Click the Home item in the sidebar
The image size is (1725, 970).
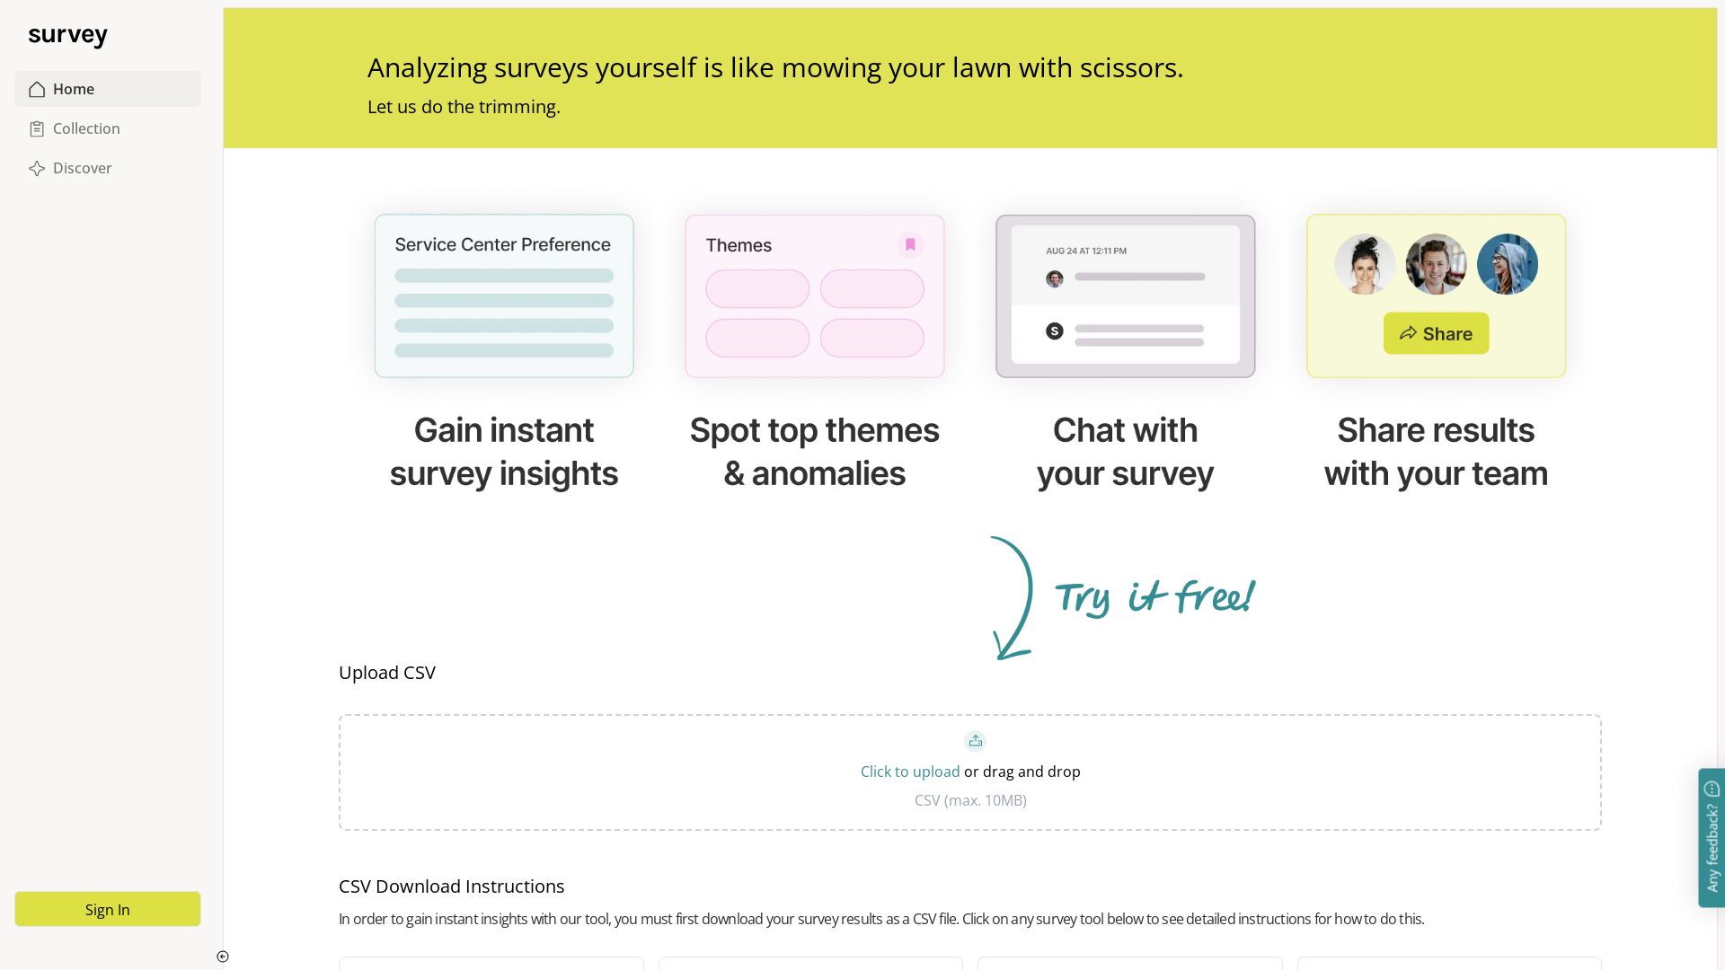(74, 89)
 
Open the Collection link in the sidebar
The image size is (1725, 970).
(86, 128)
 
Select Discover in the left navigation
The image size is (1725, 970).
(82, 168)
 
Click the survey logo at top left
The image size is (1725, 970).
(67, 35)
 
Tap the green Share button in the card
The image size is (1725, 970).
(1436, 333)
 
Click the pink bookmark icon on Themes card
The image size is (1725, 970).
(910, 244)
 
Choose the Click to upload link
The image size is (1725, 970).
(910, 772)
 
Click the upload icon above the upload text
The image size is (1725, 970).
(975, 741)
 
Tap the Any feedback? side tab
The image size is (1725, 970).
(1712, 837)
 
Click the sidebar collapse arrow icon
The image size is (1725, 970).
(223, 957)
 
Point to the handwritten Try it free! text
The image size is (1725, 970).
(1154, 597)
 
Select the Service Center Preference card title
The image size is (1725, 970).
(502, 244)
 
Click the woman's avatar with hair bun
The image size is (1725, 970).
(1365, 264)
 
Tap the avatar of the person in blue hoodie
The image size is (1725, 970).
(1507, 264)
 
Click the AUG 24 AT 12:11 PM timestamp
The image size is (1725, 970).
(1085, 251)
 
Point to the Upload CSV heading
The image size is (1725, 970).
(387, 673)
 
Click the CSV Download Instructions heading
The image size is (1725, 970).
(451, 886)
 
